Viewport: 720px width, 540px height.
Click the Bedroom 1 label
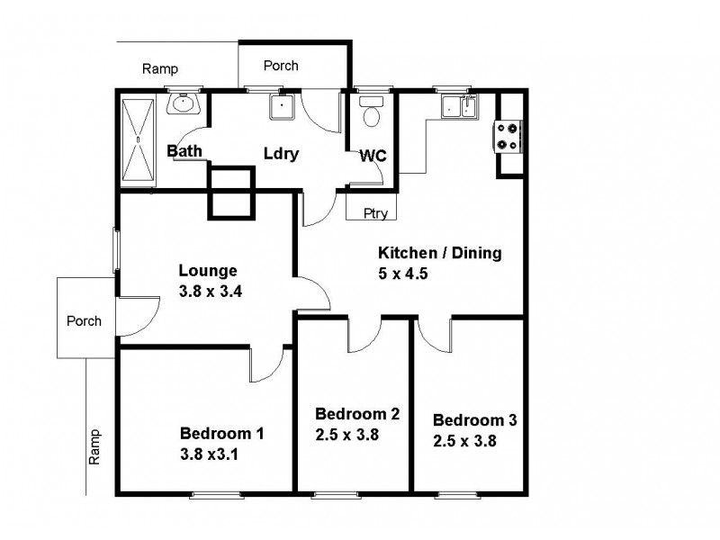point(221,433)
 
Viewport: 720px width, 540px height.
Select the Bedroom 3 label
point(474,420)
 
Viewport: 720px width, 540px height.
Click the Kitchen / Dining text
point(438,253)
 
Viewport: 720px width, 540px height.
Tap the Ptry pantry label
point(375,213)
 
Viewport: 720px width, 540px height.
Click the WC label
point(373,157)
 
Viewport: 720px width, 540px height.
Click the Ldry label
point(281,153)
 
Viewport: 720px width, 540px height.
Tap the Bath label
point(184,151)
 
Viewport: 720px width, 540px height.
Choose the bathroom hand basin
point(186,103)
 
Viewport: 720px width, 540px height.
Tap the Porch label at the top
point(281,66)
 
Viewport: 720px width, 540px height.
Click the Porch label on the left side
point(84,320)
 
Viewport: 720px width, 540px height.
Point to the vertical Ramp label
point(95,446)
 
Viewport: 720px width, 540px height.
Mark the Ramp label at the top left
point(160,69)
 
